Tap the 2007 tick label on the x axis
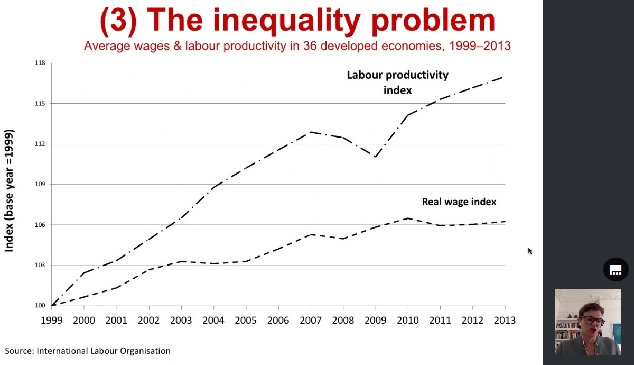pyautogui.click(x=311, y=321)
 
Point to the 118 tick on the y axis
pyautogui.click(x=40, y=63)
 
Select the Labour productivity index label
pyautogui.click(x=397, y=82)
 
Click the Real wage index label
pyautogui.click(x=459, y=202)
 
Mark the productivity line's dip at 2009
pyautogui.click(x=376, y=157)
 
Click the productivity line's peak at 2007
pyautogui.click(x=311, y=132)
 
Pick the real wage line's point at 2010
pyautogui.click(x=408, y=218)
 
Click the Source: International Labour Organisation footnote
pyautogui.click(x=88, y=351)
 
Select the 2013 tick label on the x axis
pyautogui.click(x=505, y=321)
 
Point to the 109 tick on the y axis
pyautogui.click(x=40, y=185)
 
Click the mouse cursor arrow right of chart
pyautogui.click(x=530, y=251)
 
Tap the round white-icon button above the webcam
pyautogui.click(x=616, y=270)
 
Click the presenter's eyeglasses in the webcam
pyautogui.click(x=593, y=321)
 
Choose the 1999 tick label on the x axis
pyautogui.click(x=51, y=321)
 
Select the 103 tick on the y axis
pyautogui.click(x=40, y=266)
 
